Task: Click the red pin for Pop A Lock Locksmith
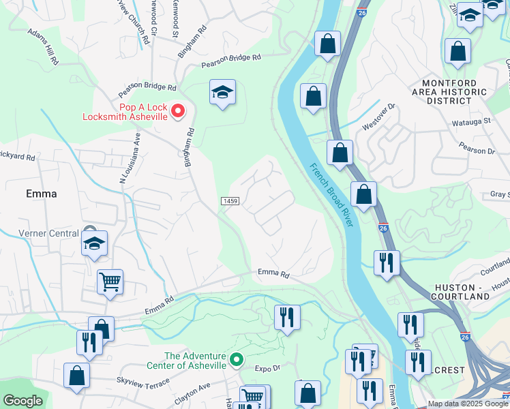pyautogui.click(x=178, y=109)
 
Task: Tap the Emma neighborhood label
pyautogui.click(x=41, y=194)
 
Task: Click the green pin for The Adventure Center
pyautogui.click(x=236, y=359)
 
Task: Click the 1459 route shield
pyautogui.click(x=230, y=201)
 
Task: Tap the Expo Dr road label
pyautogui.click(x=268, y=368)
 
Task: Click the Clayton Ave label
pyautogui.click(x=192, y=395)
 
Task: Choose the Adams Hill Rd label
pyautogui.click(x=44, y=46)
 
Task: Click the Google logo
pyautogui.click(x=22, y=401)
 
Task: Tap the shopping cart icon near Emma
pyautogui.click(x=110, y=280)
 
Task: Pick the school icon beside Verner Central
pyautogui.click(x=94, y=244)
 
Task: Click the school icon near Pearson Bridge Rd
pyautogui.click(x=222, y=92)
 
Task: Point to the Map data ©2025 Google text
pyautogui.click(x=467, y=404)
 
